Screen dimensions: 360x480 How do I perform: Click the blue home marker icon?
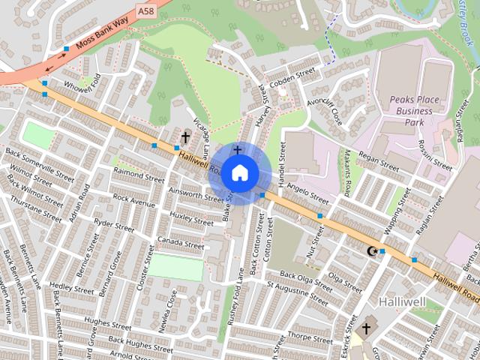[x=238, y=173]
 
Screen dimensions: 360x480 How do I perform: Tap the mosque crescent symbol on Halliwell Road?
[x=370, y=250]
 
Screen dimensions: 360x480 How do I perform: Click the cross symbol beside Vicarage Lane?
[x=185, y=137]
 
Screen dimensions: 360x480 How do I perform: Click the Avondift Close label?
[x=324, y=111]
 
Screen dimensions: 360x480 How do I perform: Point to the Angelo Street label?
[x=308, y=194]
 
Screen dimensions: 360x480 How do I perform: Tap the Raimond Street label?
[x=139, y=175]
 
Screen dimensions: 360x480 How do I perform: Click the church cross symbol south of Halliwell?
[x=367, y=328]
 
